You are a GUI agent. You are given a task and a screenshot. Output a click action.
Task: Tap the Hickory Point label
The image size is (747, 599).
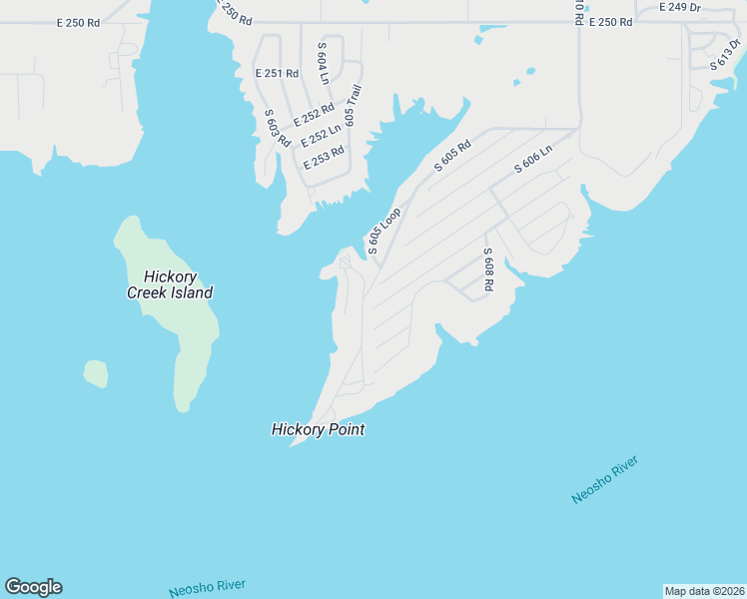tap(318, 430)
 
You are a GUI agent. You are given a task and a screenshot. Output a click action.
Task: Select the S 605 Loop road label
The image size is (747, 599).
tap(384, 231)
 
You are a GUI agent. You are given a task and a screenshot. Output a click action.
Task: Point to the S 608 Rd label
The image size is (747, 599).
tap(488, 270)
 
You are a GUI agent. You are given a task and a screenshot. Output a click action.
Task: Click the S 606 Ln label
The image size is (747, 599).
tap(533, 157)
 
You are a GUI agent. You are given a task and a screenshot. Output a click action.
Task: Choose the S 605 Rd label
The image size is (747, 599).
tap(452, 157)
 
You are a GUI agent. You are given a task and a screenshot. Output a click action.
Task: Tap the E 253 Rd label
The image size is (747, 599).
tap(324, 158)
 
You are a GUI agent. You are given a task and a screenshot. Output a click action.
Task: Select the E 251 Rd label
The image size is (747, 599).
tap(277, 74)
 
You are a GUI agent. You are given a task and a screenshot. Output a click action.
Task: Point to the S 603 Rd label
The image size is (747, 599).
tap(277, 127)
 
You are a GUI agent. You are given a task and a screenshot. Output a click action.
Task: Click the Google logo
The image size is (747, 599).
tap(33, 587)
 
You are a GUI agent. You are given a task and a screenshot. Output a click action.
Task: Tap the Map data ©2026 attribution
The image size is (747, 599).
tap(704, 591)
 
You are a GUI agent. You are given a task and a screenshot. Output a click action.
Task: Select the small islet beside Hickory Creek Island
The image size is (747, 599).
tap(95, 373)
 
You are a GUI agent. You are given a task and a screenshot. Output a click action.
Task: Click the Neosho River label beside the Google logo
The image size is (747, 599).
tap(207, 589)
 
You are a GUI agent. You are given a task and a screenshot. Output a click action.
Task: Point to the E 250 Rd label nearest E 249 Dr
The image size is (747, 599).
tap(610, 22)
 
